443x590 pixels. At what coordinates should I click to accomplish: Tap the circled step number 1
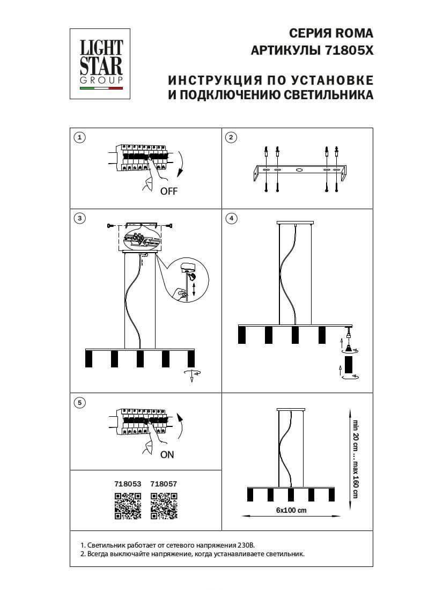pos(80,138)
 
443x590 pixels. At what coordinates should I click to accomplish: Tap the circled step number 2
pos(231,138)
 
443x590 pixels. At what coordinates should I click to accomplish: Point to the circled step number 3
pos(80,218)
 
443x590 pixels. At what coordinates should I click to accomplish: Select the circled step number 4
pos(231,218)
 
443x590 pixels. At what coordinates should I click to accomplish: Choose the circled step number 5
pos(80,402)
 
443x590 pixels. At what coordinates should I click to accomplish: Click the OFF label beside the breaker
pos(168,191)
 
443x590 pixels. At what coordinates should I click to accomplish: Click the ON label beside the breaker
pos(167,455)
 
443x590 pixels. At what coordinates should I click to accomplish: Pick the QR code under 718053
pos(128,506)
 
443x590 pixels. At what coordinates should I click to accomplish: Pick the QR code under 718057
pos(164,506)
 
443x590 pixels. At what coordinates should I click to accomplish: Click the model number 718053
pos(128,484)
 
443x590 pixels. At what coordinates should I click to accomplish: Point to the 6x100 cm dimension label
pos(291,510)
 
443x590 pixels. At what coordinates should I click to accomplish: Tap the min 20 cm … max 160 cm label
pos(354,459)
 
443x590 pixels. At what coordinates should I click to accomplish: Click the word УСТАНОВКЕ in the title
pos(333,80)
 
